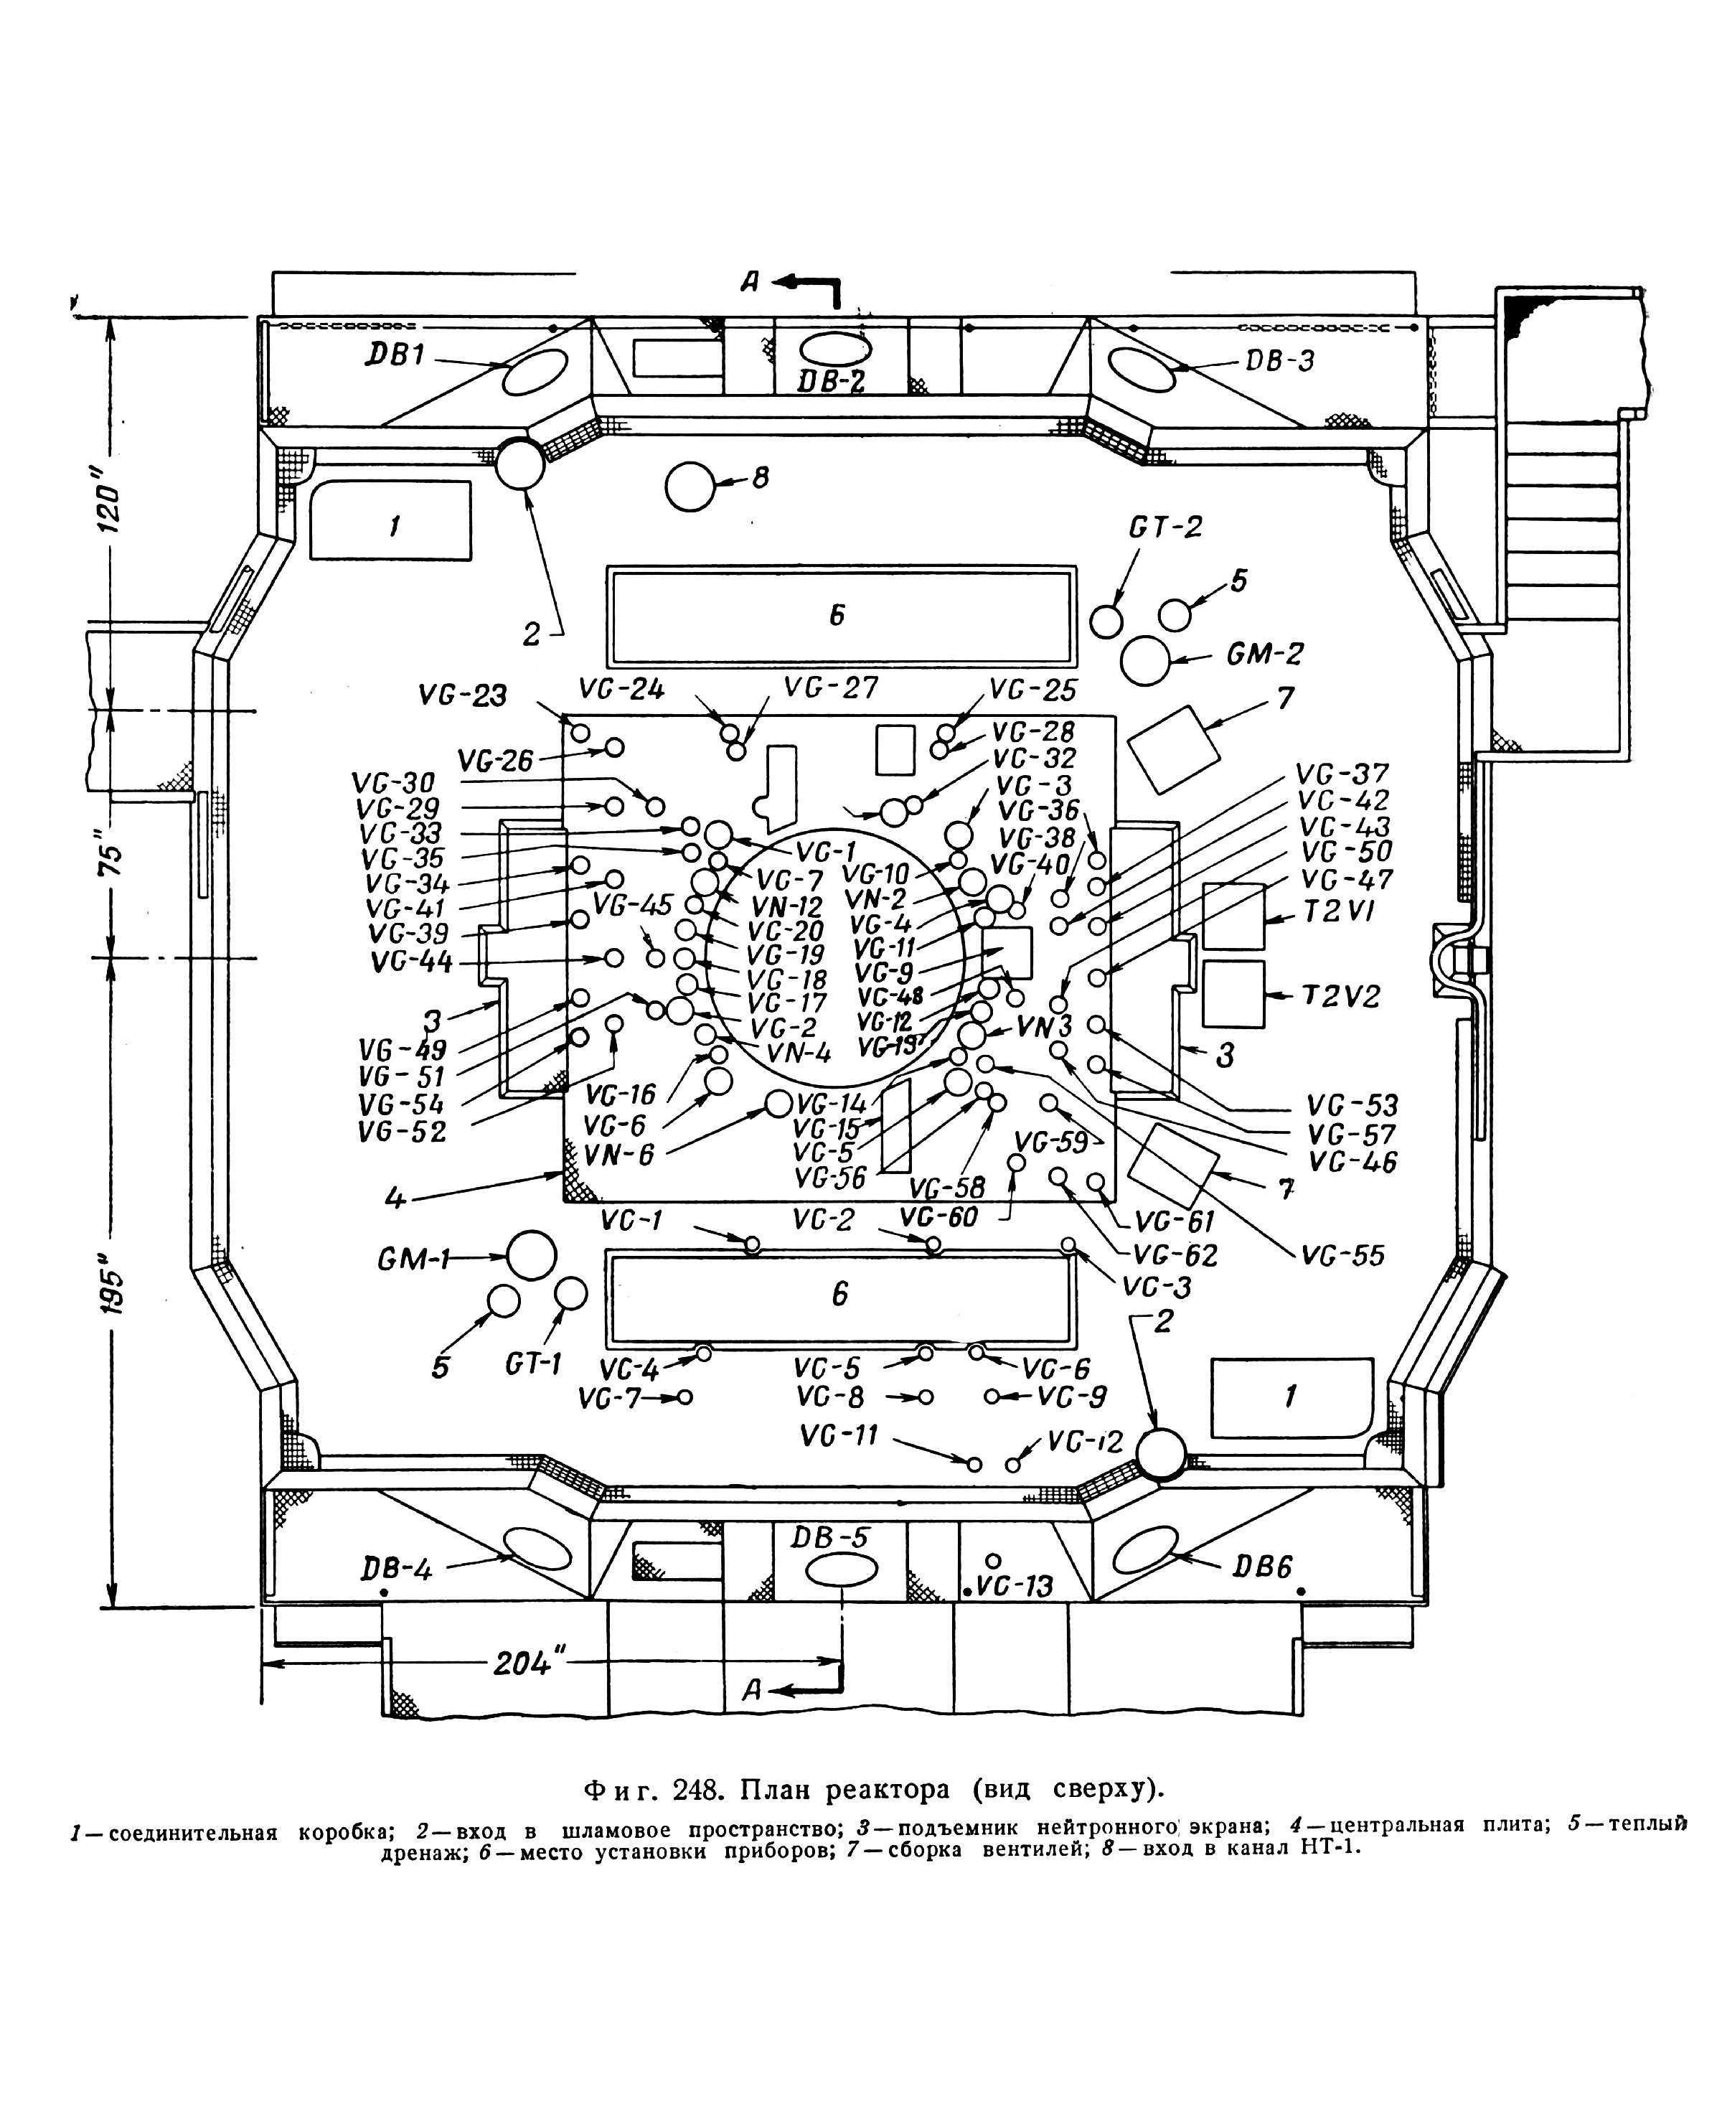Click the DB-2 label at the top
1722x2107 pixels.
[832, 382]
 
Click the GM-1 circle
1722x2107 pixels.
[532, 1257]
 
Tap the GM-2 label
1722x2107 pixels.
[1266, 654]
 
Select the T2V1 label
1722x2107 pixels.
[1335, 911]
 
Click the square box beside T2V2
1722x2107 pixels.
[1234, 994]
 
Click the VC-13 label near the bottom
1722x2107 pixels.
[1014, 1587]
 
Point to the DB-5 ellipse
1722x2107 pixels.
[841, 1572]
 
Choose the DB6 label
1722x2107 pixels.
[1264, 1567]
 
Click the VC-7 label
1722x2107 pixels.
[609, 1398]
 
